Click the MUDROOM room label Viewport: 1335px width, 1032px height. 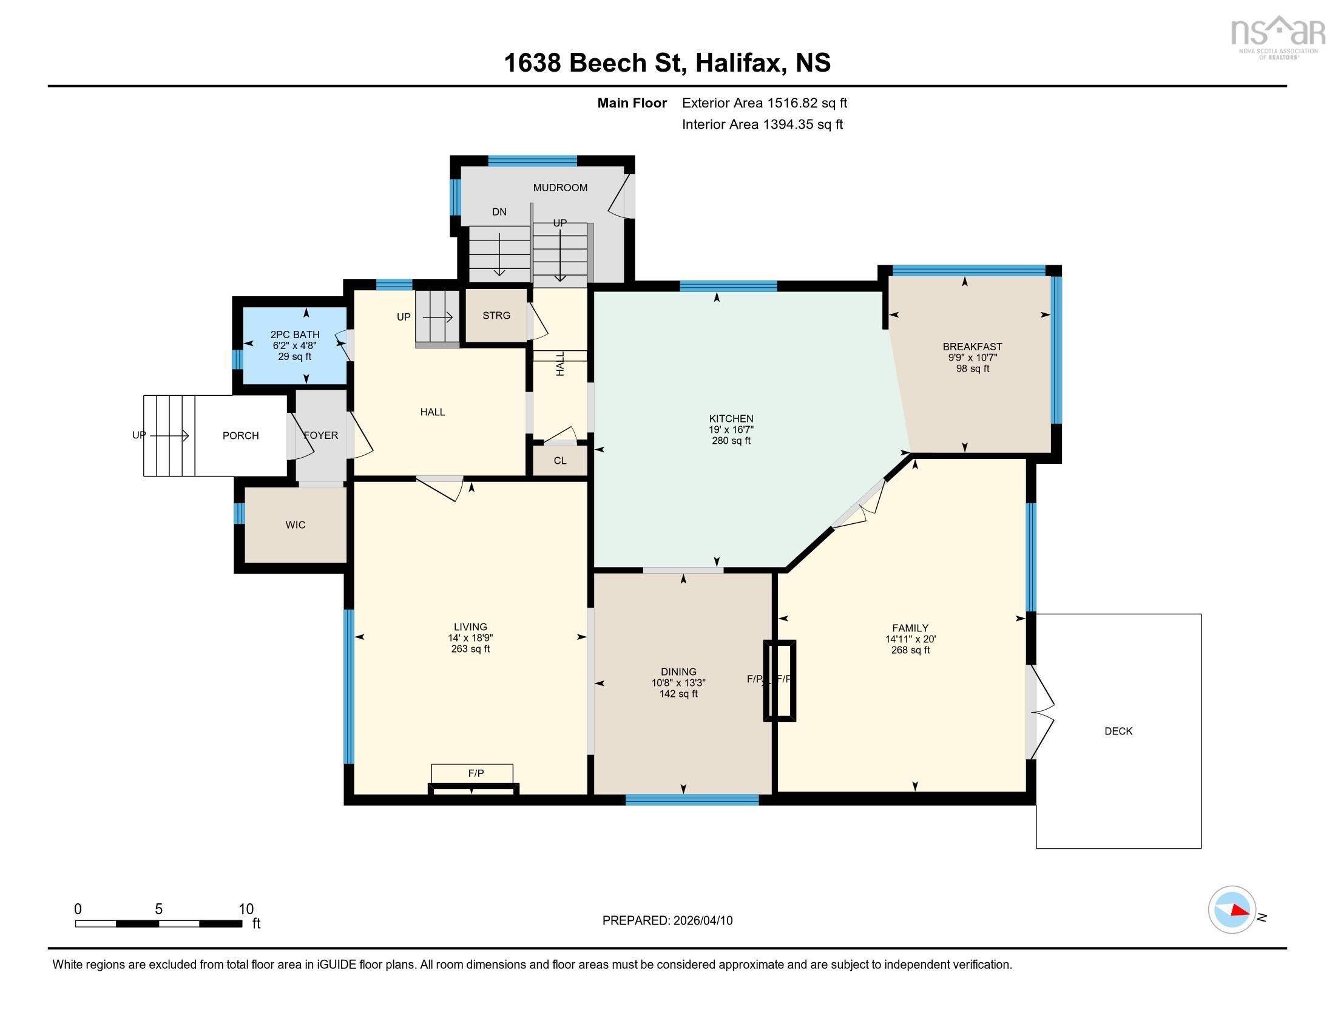click(x=560, y=188)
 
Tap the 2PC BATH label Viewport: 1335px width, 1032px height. click(x=295, y=334)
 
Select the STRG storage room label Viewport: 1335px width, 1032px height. click(x=496, y=316)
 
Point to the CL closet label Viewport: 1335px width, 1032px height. click(x=560, y=461)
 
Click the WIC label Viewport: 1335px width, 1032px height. click(x=296, y=525)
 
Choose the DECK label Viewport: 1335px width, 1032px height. click(x=1118, y=732)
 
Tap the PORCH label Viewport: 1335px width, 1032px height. click(x=241, y=436)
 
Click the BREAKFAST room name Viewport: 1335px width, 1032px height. click(x=973, y=347)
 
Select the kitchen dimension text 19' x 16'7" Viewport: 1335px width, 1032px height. click(x=731, y=430)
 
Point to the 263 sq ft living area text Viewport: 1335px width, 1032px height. click(x=471, y=649)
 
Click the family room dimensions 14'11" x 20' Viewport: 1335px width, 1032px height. click(x=910, y=639)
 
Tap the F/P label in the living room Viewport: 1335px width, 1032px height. click(x=476, y=773)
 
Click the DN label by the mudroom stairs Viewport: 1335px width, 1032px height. click(x=499, y=212)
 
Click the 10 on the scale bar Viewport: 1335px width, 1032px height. click(x=246, y=909)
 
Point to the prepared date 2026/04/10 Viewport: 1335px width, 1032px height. click(x=702, y=921)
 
